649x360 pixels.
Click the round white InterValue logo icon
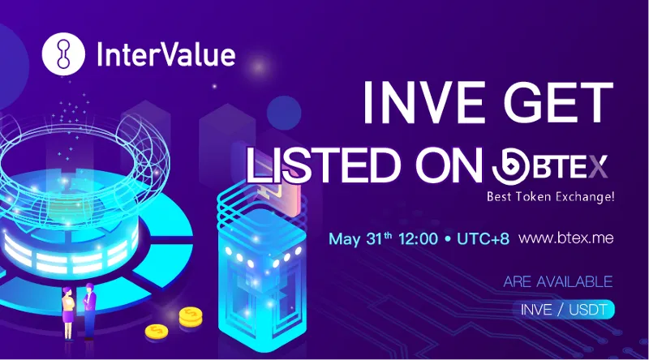[x=63, y=54]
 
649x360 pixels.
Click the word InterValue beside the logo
[x=166, y=54]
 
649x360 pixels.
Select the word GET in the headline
[x=558, y=103]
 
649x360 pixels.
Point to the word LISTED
[x=324, y=165]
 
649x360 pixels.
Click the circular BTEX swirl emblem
[x=511, y=166]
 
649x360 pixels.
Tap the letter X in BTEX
[x=598, y=166]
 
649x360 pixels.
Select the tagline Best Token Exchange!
[x=551, y=196]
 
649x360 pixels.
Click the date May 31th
[x=360, y=238]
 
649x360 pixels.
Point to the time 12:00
[x=418, y=238]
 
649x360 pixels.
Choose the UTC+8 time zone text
[x=483, y=238]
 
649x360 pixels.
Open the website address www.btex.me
[x=565, y=238]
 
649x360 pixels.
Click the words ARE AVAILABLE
[x=558, y=282]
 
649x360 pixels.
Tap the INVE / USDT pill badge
[x=563, y=310]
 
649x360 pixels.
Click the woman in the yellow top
[x=67, y=313]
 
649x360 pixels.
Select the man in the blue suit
[x=89, y=311]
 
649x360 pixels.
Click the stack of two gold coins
[x=191, y=317]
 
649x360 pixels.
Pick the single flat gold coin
[x=157, y=331]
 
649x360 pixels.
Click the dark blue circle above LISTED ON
[x=284, y=113]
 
